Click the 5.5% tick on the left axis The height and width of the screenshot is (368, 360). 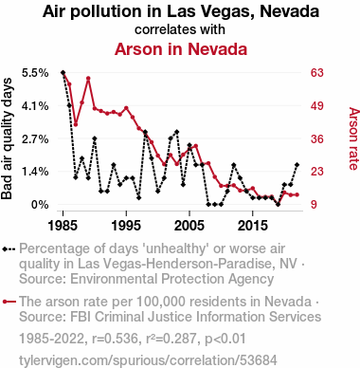[x=35, y=73]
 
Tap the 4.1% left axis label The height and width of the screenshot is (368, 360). [x=35, y=106]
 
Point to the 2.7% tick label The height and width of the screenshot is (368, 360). [x=35, y=138]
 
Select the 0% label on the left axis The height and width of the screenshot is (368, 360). [x=40, y=205]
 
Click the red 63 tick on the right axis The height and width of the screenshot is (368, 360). [x=317, y=73]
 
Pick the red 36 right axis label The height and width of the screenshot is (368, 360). [x=317, y=138]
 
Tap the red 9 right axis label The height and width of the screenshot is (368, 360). [x=314, y=205]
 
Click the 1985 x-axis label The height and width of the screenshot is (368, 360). [x=63, y=226]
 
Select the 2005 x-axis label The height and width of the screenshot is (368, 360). [x=189, y=226]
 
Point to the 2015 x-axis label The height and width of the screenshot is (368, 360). [x=252, y=226]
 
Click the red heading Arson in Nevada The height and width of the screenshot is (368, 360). [x=181, y=49]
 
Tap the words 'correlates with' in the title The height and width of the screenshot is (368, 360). [x=180, y=29]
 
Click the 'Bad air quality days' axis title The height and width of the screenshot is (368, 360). [x=7, y=138]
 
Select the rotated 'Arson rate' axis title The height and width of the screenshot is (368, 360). [x=353, y=138]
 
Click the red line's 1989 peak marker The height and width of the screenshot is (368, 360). [x=88, y=78]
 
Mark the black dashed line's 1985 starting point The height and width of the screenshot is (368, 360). [x=63, y=73]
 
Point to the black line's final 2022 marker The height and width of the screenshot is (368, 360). [x=297, y=165]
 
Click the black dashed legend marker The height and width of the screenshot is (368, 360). [x=9, y=249]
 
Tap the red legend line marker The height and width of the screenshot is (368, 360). [x=9, y=302]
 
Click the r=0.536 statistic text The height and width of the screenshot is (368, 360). [x=115, y=339]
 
